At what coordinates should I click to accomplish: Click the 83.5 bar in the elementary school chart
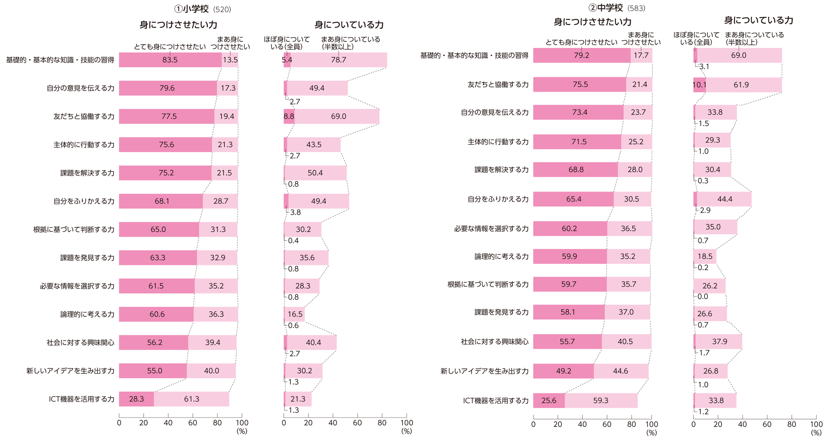tap(170, 60)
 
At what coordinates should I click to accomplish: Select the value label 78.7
tap(338, 60)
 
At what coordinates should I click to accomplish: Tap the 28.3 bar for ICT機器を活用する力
tap(136, 399)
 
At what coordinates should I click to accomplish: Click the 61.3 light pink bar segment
tap(192, 399)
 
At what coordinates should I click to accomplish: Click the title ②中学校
tap(605, 7)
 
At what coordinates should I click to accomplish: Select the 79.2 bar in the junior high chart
tap(582, 55)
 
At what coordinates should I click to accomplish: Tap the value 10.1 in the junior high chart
tap(699, 85)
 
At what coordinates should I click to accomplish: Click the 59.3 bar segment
tap(601, 401)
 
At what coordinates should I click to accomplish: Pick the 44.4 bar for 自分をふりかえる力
tap(725, 199)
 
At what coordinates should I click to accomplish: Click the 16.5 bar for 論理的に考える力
tap(295, 314)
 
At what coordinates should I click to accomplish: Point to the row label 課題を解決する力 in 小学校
tap(87, 173)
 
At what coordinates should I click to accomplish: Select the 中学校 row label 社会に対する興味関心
tap(494, 342)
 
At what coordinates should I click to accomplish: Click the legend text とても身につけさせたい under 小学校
tap(169, 47)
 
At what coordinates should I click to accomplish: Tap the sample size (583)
tap(636, 8)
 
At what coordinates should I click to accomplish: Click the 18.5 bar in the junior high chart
tap(705, 256)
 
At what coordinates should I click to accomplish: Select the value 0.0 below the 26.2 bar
tap(703, 297)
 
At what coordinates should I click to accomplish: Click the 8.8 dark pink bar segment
tap(289, 116)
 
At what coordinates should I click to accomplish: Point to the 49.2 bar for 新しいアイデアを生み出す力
tap(563, 371)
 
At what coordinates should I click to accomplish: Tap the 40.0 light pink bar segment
tap(211, 371)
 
